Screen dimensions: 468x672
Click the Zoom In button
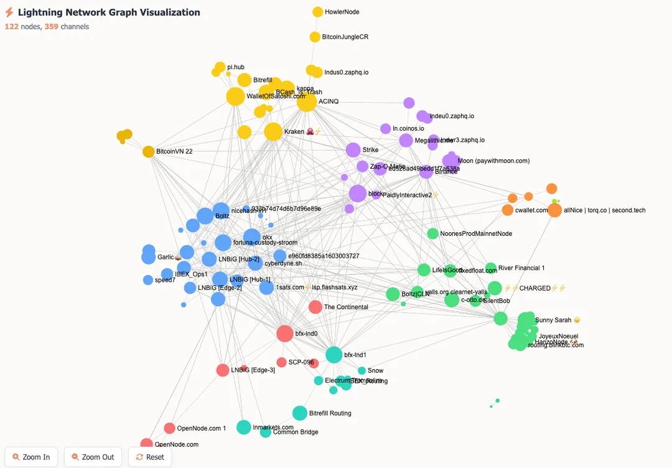point(31,457)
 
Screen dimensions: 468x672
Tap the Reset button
point(149,457)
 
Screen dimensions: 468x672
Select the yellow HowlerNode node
point(317,12)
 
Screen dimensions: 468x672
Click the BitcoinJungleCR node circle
point(315,37)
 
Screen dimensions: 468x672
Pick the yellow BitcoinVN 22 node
point(148,151)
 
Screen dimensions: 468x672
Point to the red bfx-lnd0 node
point(284,334)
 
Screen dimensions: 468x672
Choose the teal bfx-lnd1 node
point(334,355)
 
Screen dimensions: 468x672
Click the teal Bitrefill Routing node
point(299,413)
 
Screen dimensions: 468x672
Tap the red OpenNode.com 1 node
point(169,428)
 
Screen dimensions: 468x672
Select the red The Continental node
point(315,307)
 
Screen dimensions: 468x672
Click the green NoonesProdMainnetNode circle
point(432,233)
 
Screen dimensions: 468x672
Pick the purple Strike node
point(353,150)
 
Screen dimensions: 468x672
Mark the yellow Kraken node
point(273,132)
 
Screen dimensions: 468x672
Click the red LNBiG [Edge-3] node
point(223,370)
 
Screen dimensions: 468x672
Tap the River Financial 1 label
point(521,268)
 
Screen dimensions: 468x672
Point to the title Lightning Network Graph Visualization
point(109,12)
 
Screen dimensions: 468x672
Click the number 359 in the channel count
point(52,27)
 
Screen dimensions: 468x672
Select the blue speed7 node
point(147,280)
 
